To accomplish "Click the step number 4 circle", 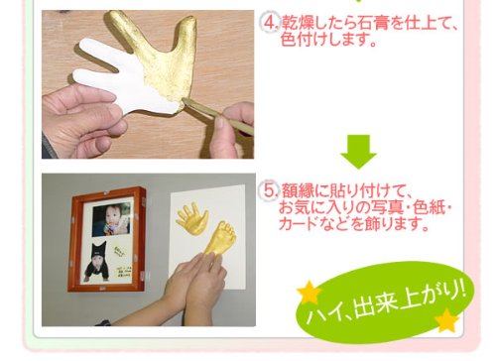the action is coord(270,23).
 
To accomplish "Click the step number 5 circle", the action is coord(270,190).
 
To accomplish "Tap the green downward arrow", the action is coord(359,152).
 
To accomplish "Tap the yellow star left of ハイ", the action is coord(310,292).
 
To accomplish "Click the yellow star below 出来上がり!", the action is coord(447,320).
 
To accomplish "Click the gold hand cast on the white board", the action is coord(192,219).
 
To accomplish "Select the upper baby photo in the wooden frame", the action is coord(111,219).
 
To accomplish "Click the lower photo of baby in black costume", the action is coord(98,262).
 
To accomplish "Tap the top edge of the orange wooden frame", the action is coord(108,191).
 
